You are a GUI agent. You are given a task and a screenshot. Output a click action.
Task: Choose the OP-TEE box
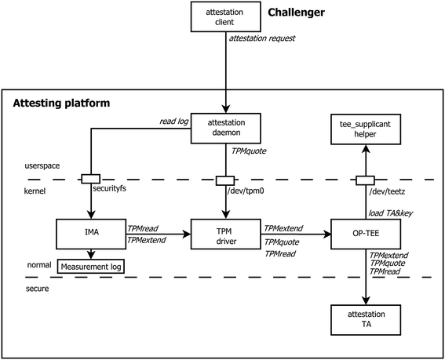[366, 233]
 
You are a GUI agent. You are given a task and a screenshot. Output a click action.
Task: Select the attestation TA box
[366, 322]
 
